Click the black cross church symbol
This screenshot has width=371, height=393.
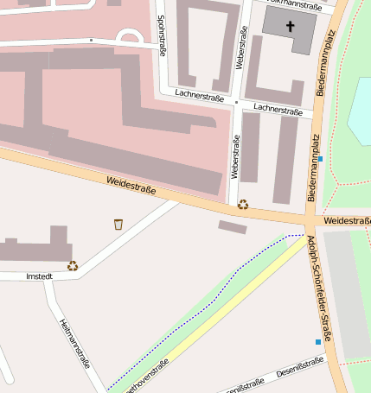(290, 27)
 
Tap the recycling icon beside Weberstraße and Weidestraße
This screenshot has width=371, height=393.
(243, 205)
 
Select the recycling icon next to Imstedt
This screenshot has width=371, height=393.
(73, 266)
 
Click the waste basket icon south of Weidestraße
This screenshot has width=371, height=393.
(118, 225)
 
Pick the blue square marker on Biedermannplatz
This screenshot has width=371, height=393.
(320, 159)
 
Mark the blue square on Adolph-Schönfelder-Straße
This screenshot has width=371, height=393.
(317, 342)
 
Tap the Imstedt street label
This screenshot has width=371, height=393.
(41, 276)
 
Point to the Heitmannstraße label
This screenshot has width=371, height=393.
(74, 344)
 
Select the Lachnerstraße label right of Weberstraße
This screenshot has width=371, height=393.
(278, 111)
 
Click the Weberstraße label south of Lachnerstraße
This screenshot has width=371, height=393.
(234, 155)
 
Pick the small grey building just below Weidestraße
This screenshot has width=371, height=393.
(232, 227)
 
